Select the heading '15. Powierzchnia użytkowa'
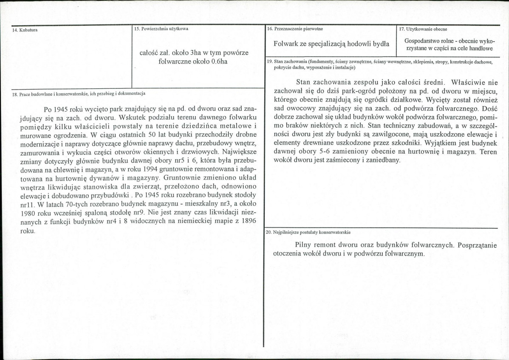point(161,29)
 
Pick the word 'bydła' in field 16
point(380,44)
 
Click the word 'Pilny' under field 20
point(303,245)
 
